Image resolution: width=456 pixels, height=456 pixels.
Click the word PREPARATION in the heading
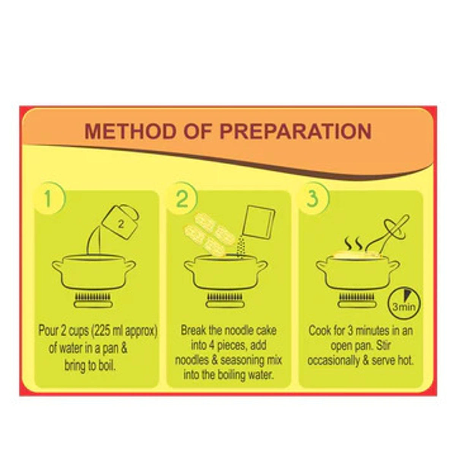pos(296,131)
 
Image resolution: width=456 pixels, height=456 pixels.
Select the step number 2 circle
pos(182,198)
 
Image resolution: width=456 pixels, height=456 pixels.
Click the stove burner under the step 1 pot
pos(94,301)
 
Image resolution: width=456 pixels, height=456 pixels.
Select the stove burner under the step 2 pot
pos(226,301)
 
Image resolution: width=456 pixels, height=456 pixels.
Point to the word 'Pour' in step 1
pos(48,331)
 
